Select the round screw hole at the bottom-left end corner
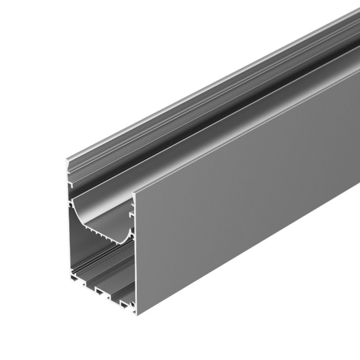click(70, 274)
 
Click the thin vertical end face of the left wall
click(68, 238)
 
